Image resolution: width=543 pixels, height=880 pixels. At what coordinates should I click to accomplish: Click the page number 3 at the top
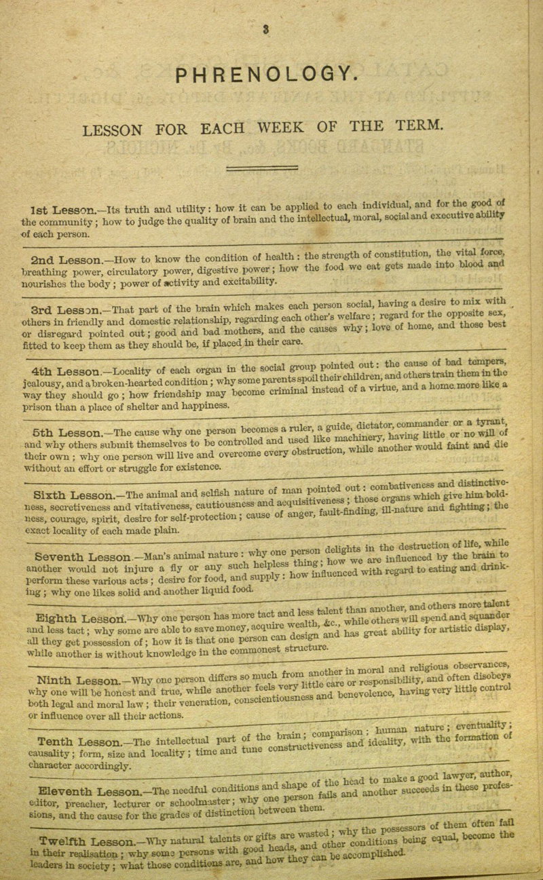coord(267,28)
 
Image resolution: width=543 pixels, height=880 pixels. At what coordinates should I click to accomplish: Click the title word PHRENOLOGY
coord(264,73)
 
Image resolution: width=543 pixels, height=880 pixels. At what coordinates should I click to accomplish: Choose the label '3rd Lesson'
coord(66,308)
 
